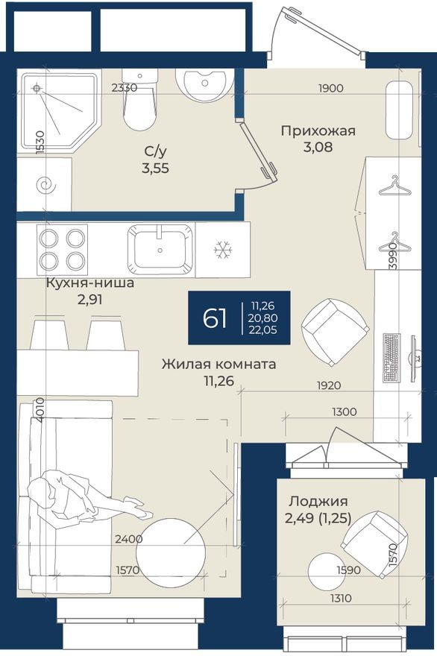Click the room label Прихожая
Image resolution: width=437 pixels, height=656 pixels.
click(318, 131)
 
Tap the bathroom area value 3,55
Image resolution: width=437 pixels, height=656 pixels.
click(155, 168)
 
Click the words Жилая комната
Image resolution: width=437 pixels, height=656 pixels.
click(219, 365)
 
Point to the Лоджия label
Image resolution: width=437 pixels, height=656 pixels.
click(318, 502)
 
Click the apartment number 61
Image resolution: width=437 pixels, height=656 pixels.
click(215, 318)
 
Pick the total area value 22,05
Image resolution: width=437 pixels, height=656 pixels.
click(263, 331)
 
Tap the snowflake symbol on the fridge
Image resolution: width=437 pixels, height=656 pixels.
click(222, 250)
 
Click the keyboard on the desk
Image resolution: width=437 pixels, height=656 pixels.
click(391, 356)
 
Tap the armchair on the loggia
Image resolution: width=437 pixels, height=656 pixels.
click(373, 540)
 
